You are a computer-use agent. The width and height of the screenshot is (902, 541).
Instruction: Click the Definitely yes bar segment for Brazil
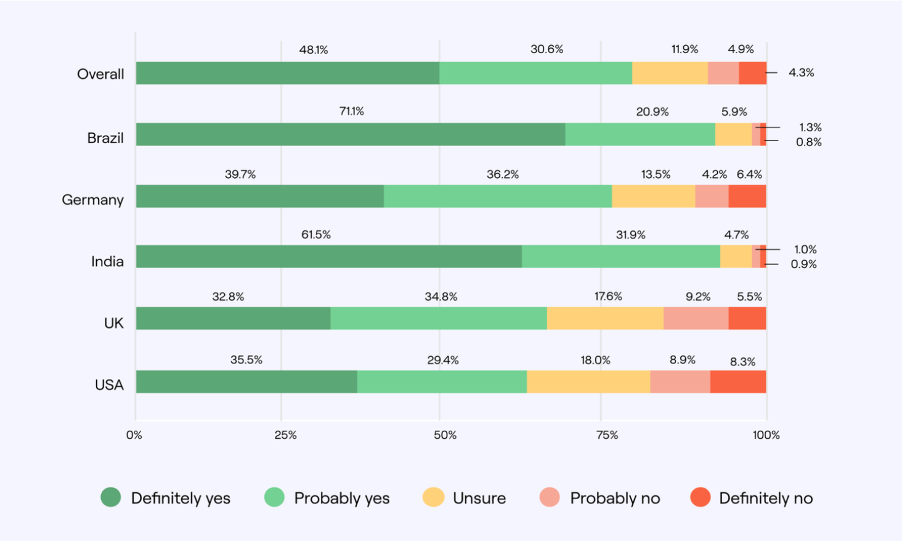[x=350, y=134]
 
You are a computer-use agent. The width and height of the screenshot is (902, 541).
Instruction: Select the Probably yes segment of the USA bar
[x=442, y=381]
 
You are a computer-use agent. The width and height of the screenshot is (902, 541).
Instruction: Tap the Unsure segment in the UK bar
[x=605, y=318]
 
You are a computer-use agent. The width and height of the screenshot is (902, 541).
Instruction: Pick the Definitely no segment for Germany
[x=747, y=196]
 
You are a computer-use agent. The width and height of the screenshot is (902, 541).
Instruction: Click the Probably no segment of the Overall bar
[x=723, y=73]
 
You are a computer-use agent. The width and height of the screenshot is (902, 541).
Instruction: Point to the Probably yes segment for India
[x=621, y=256]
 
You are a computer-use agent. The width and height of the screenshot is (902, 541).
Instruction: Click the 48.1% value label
[x=314, y=50]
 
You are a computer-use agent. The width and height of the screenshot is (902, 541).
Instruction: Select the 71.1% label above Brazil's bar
[x=351, y=112]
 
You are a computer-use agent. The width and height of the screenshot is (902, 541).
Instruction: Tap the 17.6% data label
[x=608, y=296]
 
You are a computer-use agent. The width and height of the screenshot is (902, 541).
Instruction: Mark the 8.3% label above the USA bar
[x=742, y=362]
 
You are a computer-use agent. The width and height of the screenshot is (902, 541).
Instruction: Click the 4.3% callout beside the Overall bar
[x=801, y=73]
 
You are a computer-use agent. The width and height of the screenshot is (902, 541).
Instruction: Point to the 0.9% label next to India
[x=804, y=264]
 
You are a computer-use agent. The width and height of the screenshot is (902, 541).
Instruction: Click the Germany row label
[x=92, y=200]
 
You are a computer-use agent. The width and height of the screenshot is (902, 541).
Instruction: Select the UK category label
[x=113, y=323]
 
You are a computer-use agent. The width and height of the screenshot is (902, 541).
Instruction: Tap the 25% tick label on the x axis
[x=285, y=435]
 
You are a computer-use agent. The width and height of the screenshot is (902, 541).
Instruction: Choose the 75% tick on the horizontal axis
[x=607, y=435]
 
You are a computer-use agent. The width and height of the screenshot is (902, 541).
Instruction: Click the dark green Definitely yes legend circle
[x=111, y=497]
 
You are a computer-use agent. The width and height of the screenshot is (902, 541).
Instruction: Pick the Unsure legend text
[x=479, y=498]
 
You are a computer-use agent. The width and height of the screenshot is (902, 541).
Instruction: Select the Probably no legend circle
[x=550, y=497]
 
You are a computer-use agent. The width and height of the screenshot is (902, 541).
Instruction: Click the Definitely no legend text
[x=766, y=498]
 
